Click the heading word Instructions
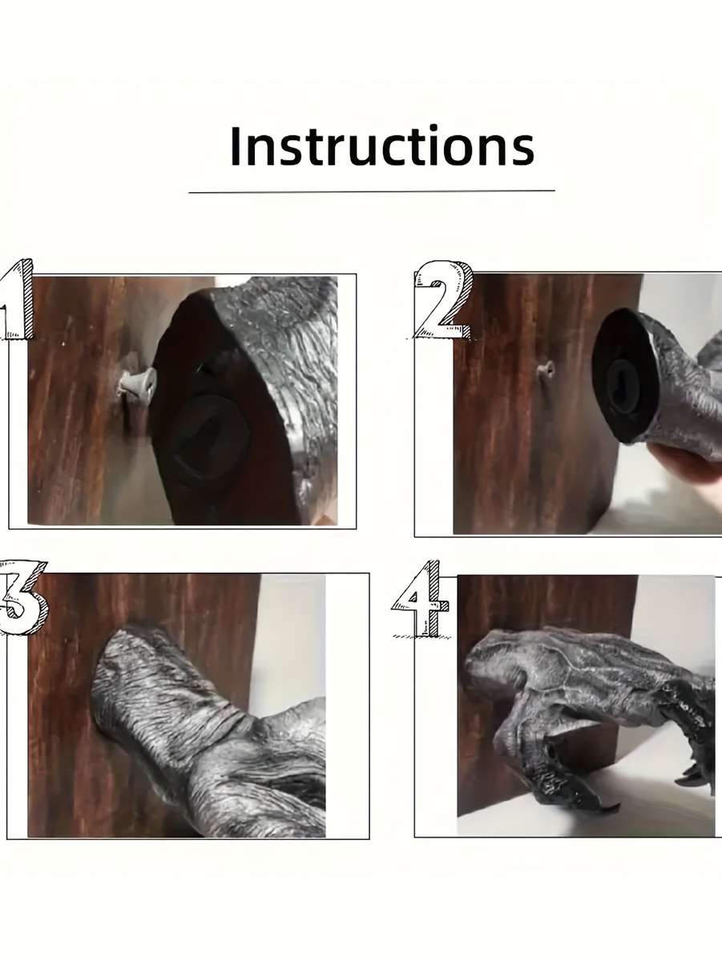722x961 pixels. tap(382, 146)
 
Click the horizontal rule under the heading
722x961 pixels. tap(372, 191)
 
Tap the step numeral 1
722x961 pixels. tap(17, 300)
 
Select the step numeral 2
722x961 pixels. tap(443, 300)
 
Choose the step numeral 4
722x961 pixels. tap(421, 598)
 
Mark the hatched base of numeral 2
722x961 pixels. tap(443, 335)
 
